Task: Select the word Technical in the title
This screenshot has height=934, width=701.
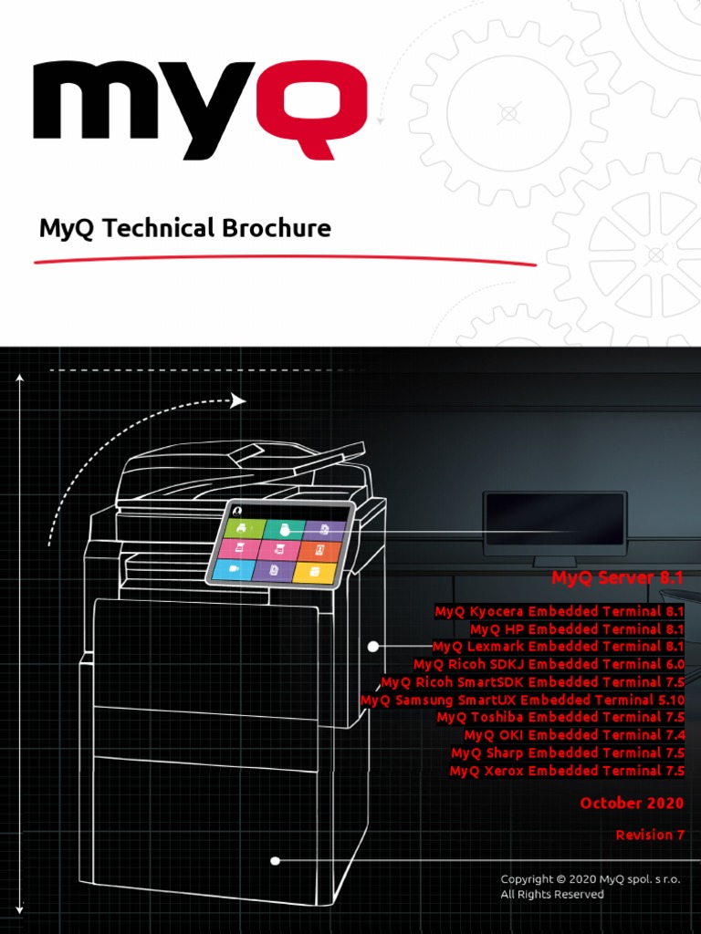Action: (x=154, y=228)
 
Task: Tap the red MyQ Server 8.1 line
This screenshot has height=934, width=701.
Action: (x=617, y=577)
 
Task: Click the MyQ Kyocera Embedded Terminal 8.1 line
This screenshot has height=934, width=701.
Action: (x=559, y=611)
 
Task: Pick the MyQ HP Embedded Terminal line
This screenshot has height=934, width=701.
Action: (x=576, y=629)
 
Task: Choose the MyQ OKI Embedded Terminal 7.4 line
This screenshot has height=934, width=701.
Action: (x=573, y=735)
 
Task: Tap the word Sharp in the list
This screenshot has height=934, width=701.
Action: (x=504, y=752)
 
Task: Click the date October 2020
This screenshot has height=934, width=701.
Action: (x=632, y=804)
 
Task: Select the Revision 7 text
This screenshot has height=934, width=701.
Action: (x=650, y=835)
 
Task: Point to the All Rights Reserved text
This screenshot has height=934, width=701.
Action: (x=551, y=895)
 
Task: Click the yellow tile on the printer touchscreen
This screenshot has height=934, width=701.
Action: (x=315, y=573)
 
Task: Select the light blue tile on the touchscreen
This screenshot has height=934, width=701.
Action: (x=235, y=569)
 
